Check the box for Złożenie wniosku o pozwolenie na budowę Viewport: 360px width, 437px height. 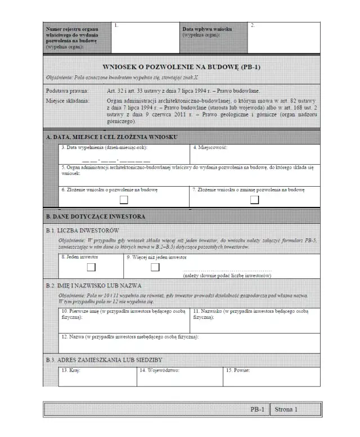click(x=123, y=199)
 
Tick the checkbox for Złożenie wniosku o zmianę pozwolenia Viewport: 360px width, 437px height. click(x=255, y=199)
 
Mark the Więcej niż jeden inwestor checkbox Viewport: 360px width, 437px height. click(x=155, y=267)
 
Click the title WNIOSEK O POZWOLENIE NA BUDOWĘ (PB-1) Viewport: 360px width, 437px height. click(x=181, y=67)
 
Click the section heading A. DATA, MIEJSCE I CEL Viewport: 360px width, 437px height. click(x=112, y=137)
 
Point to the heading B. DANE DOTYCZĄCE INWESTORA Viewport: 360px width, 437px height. click(x=96, y=217)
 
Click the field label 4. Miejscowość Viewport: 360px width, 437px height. click(x=210, y=147)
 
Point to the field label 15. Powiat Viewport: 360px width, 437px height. click(x=238, y=370)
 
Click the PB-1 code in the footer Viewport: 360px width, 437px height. click(x=257, y=410)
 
